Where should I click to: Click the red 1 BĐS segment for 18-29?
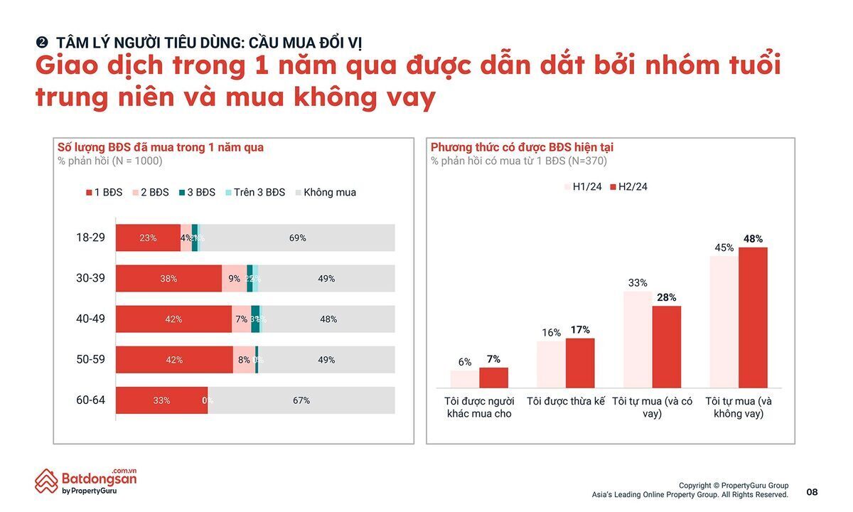148,238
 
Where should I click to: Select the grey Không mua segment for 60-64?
301,400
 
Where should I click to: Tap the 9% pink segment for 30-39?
235,279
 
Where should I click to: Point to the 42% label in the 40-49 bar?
173,319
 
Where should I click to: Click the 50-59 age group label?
90,360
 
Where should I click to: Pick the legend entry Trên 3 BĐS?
255,193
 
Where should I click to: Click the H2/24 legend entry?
628,187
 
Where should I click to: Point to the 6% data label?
465,362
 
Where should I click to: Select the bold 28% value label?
667,297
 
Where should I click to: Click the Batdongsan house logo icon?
46,481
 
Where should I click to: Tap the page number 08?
812,492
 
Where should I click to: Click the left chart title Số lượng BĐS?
160,147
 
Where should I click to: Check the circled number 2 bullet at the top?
41,43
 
